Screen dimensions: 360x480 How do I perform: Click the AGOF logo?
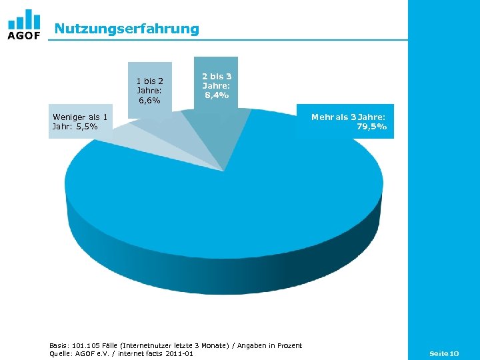pyautogui.click(x=24, y=25)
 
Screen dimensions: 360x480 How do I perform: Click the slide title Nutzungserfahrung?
pyautogui.click(x=127, y=29)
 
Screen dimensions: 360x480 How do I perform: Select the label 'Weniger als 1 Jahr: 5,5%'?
pyautogui.click(x=80, y=121)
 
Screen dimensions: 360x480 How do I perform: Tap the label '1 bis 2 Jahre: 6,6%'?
pyautogui.click(x=149, y=90)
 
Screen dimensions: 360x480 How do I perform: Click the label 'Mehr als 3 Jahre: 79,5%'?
pyautogui.click(x=348, y=121)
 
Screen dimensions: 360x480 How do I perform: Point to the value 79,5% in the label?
pyautogui.click(x=371, y=127)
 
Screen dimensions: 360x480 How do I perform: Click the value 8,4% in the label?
pyautogui.click(x=216, y=95)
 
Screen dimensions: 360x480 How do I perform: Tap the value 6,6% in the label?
pyautogui.click(x=149, y=100)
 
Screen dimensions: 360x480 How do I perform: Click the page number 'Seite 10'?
pyautogui.click(x=444, y=352)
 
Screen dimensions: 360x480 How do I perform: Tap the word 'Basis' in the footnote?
pyautogui.click(x=59, y=345)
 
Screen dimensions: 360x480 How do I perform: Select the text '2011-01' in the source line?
pyautogui.click(x=179, y=353)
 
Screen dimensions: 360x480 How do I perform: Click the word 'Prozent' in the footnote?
pyautogui.click(x=287, y=345)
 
